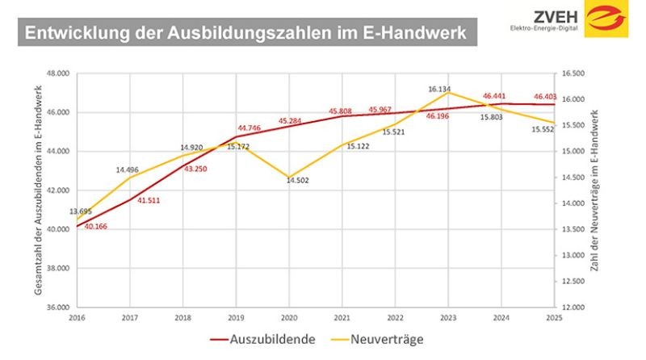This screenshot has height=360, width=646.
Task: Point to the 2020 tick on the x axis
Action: click(x=288, y=320)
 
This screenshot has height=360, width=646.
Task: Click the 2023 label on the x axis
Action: click(x=448, y=320)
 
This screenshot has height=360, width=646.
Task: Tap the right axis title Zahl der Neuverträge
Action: click(x=594, y=190)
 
